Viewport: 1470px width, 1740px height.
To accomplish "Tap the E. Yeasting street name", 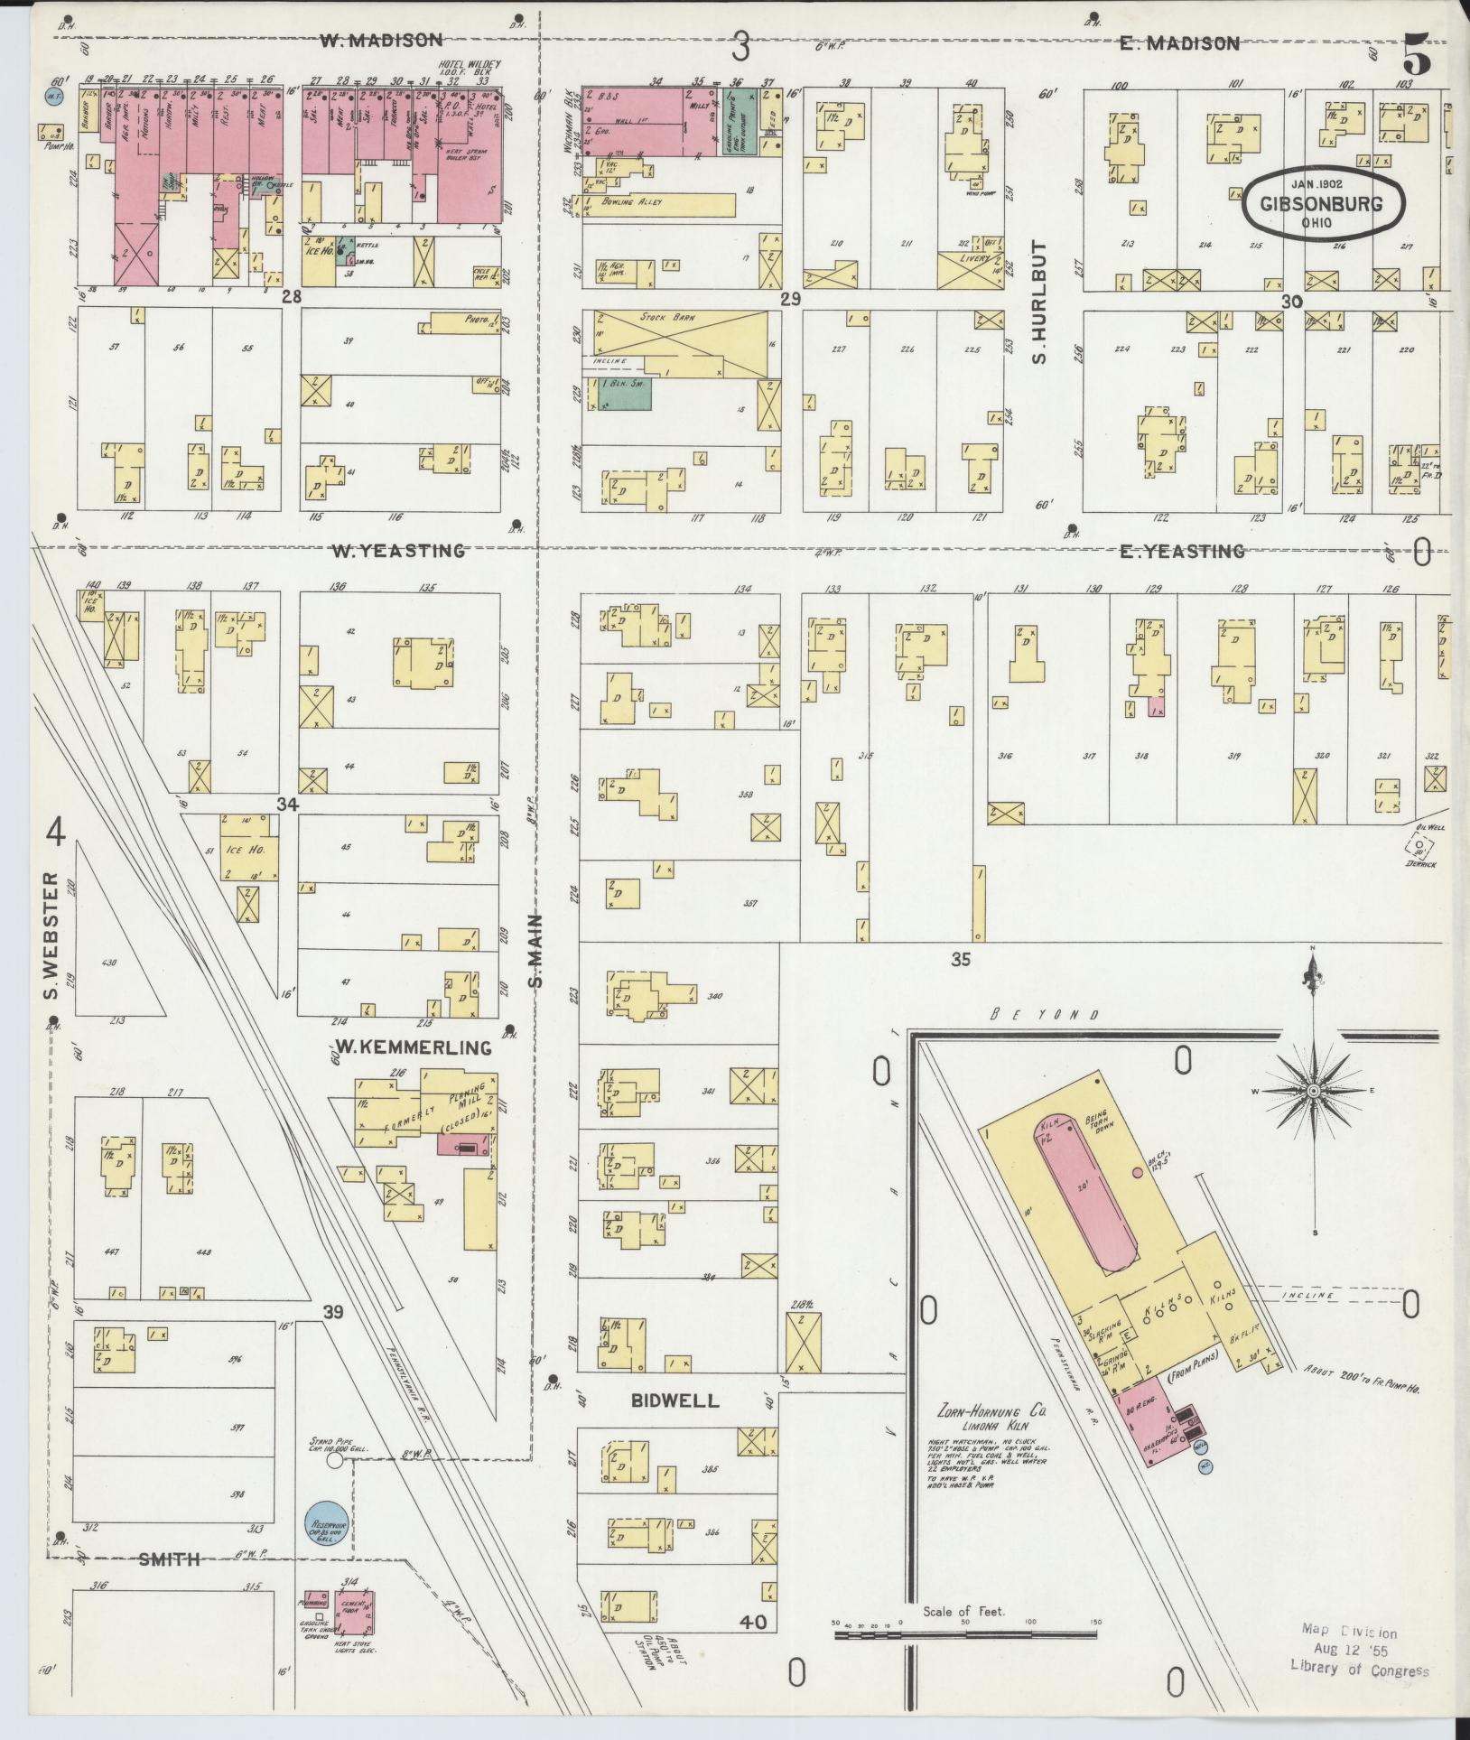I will (1182, 551).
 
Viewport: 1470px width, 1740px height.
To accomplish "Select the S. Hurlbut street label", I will (1039, 302).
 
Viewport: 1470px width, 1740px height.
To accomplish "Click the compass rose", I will (1313, 1091).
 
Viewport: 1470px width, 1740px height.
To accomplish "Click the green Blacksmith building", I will (623, 396).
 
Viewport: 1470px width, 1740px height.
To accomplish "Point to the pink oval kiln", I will (1086, 1192).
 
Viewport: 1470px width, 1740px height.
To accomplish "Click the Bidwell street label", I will (676, 1400).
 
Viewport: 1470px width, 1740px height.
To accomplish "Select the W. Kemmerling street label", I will (414, 1047).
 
